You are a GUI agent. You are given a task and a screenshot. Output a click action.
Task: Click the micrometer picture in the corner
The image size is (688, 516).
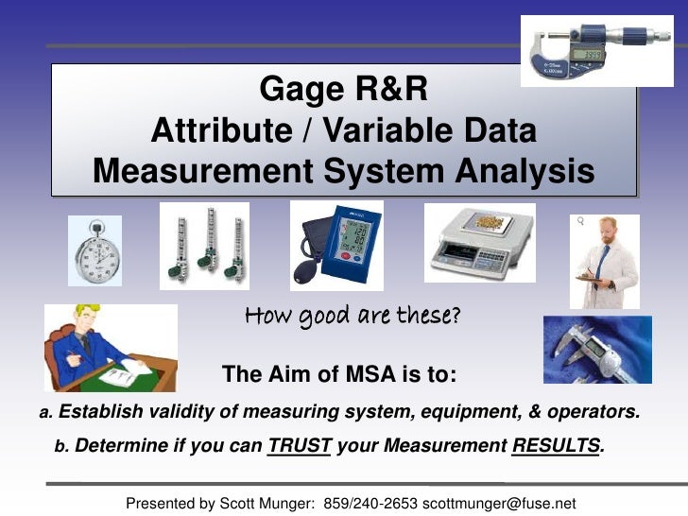click(x=596, y=50)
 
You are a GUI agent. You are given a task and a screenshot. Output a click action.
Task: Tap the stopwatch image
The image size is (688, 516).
click(x=95, y=250)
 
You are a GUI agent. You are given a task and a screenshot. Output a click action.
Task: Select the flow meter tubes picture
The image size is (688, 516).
click(x=204, y=246)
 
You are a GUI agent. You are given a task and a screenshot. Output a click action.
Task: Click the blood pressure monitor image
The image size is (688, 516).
click(x=335, y=245)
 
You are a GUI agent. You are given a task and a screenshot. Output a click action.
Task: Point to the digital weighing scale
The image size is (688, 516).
click(x=479, y=243)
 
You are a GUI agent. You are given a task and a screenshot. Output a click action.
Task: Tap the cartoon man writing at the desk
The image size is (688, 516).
click(x=110, y=348)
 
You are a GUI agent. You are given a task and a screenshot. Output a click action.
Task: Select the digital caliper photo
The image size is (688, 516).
click(x=597, y=349)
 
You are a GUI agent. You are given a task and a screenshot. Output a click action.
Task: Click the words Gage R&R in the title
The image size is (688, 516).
click(x=343, y=90)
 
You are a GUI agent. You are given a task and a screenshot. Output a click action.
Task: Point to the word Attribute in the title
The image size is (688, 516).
click(x=220, y=130)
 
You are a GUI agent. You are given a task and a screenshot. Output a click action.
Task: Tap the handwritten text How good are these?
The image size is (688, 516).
click(x=353, y=316)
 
